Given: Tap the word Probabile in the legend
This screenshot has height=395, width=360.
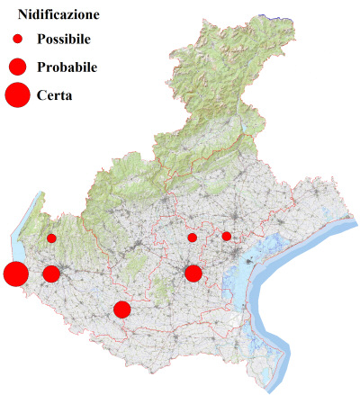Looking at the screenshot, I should (67, 67).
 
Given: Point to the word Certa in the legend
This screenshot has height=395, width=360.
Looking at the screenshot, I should (54, 94).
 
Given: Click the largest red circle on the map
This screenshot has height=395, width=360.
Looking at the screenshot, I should (15, 274).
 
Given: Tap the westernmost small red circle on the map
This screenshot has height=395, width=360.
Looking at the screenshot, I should (52, 238).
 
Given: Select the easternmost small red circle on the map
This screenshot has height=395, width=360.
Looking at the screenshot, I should (227, 237).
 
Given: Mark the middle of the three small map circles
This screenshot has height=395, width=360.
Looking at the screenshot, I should (193, 238).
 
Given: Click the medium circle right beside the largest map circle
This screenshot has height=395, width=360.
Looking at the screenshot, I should (51, 274).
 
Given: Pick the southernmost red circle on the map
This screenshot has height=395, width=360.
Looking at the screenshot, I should (122, 310).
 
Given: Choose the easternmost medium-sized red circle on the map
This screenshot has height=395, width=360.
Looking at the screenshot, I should (193, 273).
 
